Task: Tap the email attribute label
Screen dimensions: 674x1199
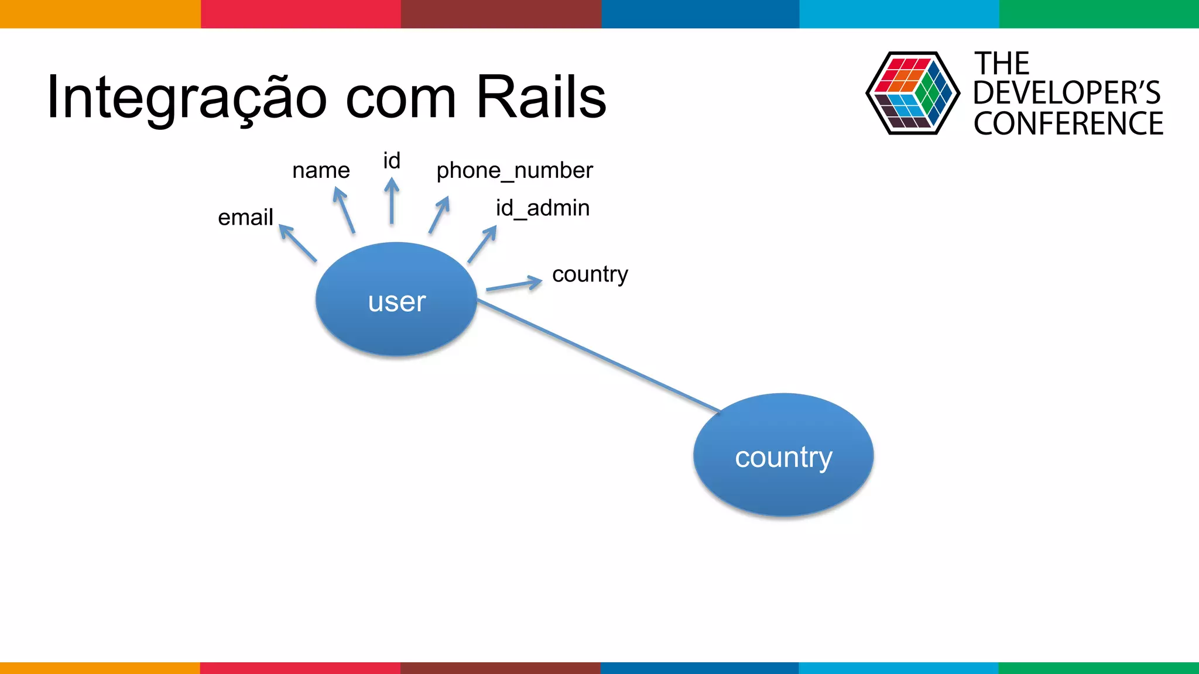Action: (x=245, y=218)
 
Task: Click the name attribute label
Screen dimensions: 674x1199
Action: (x=321, y=170)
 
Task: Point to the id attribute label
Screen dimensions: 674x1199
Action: (x=392, y=160)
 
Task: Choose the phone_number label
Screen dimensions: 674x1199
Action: (x=514, y=170)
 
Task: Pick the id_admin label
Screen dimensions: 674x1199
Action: (x=542, y=208)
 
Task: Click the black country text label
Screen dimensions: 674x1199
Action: (x=590, y=274)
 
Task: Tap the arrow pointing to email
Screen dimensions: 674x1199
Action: (x=298, y=243)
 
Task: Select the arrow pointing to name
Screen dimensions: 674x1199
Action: (x=344, y=210)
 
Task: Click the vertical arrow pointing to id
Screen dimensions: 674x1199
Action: (x=392, y=202)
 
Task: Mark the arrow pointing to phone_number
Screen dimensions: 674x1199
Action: (x=439, y=215)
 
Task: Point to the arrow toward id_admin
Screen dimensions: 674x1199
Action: (x=482, y=245)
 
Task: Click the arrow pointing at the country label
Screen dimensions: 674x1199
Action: (x=514, y=284)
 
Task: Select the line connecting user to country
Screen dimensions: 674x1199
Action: (x=597, y=355)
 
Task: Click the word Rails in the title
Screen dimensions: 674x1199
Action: (x=541, y=97)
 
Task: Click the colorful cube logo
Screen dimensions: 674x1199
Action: (x=912, y=93)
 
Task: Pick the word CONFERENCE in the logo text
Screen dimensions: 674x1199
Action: (x=1068, y=124)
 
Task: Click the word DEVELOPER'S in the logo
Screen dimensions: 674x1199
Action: (x=1066, y=93)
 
